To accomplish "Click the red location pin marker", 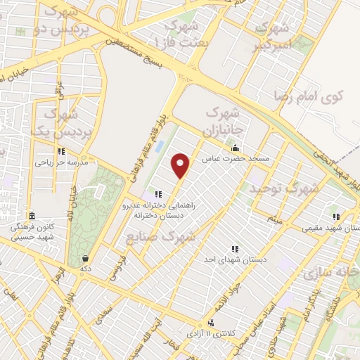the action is tap(181, 166).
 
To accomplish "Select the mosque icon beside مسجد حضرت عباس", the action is tap(235, 148).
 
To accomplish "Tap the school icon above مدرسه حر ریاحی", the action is tap(62, 151).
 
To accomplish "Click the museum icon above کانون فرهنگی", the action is tap(30, 217).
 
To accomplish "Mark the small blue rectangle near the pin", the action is tap(159, 147).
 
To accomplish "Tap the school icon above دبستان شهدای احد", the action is tap(234, 249).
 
